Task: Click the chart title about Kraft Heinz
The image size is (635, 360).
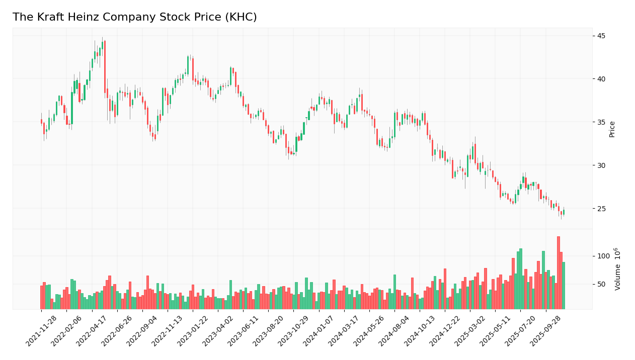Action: coord(134,17)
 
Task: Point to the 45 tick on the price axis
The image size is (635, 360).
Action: coord(601,36)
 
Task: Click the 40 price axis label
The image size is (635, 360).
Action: coord(601,79)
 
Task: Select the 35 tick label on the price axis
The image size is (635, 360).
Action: coord(601,122)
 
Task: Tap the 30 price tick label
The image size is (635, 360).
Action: coord(601,165)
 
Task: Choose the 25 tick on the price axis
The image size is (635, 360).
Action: coord(601,209)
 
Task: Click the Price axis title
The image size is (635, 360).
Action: coord(612,129)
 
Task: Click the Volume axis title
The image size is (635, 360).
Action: coord(617,269)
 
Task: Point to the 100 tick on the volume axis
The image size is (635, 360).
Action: coord(603,256)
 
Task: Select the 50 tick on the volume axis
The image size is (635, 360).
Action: coord(601,284)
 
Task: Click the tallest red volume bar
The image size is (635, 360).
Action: coord(558,273)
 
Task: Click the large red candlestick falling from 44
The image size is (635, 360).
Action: coord(105,67)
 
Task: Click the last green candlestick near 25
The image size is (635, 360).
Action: coord(564,212)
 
